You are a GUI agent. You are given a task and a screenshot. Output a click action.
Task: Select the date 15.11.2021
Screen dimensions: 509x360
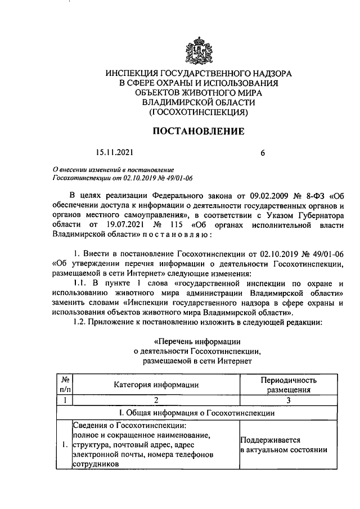(114, 152)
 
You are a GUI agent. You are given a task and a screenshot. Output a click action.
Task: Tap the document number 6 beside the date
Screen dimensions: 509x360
(263, 152)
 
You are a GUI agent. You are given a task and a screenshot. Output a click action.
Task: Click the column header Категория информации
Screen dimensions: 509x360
(156, 385)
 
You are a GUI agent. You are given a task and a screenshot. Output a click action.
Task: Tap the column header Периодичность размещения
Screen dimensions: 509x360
(289, 385)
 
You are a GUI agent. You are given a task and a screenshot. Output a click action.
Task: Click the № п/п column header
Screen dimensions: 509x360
(65, 385)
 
